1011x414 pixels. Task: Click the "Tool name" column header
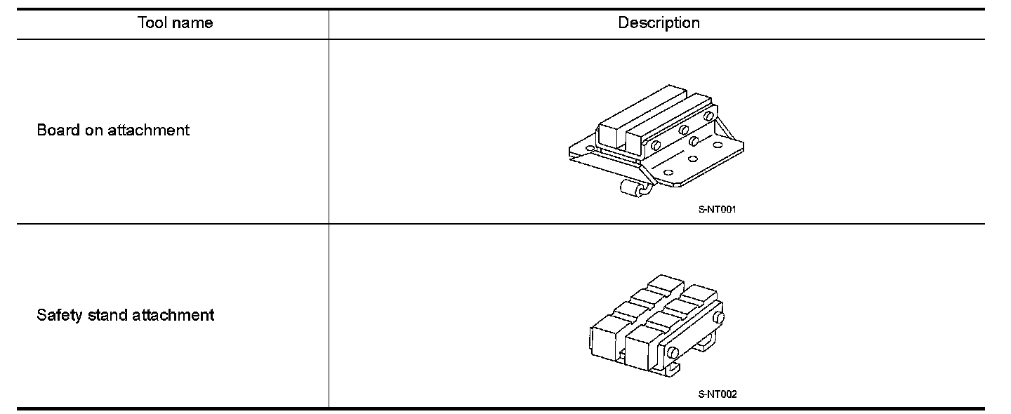coord(175,23)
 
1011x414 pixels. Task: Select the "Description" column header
coord(659,23)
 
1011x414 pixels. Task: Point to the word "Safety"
coord(60,315)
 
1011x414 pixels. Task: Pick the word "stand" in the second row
coord(108,315)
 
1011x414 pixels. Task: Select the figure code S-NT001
coord(717,209)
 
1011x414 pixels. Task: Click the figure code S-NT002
coord(718,394)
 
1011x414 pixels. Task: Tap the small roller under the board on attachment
coord(631,187)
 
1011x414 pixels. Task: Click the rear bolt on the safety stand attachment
coord(717,318)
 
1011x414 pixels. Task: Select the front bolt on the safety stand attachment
coord(673,351)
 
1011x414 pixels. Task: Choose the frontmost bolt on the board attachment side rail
coord(655,146)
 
